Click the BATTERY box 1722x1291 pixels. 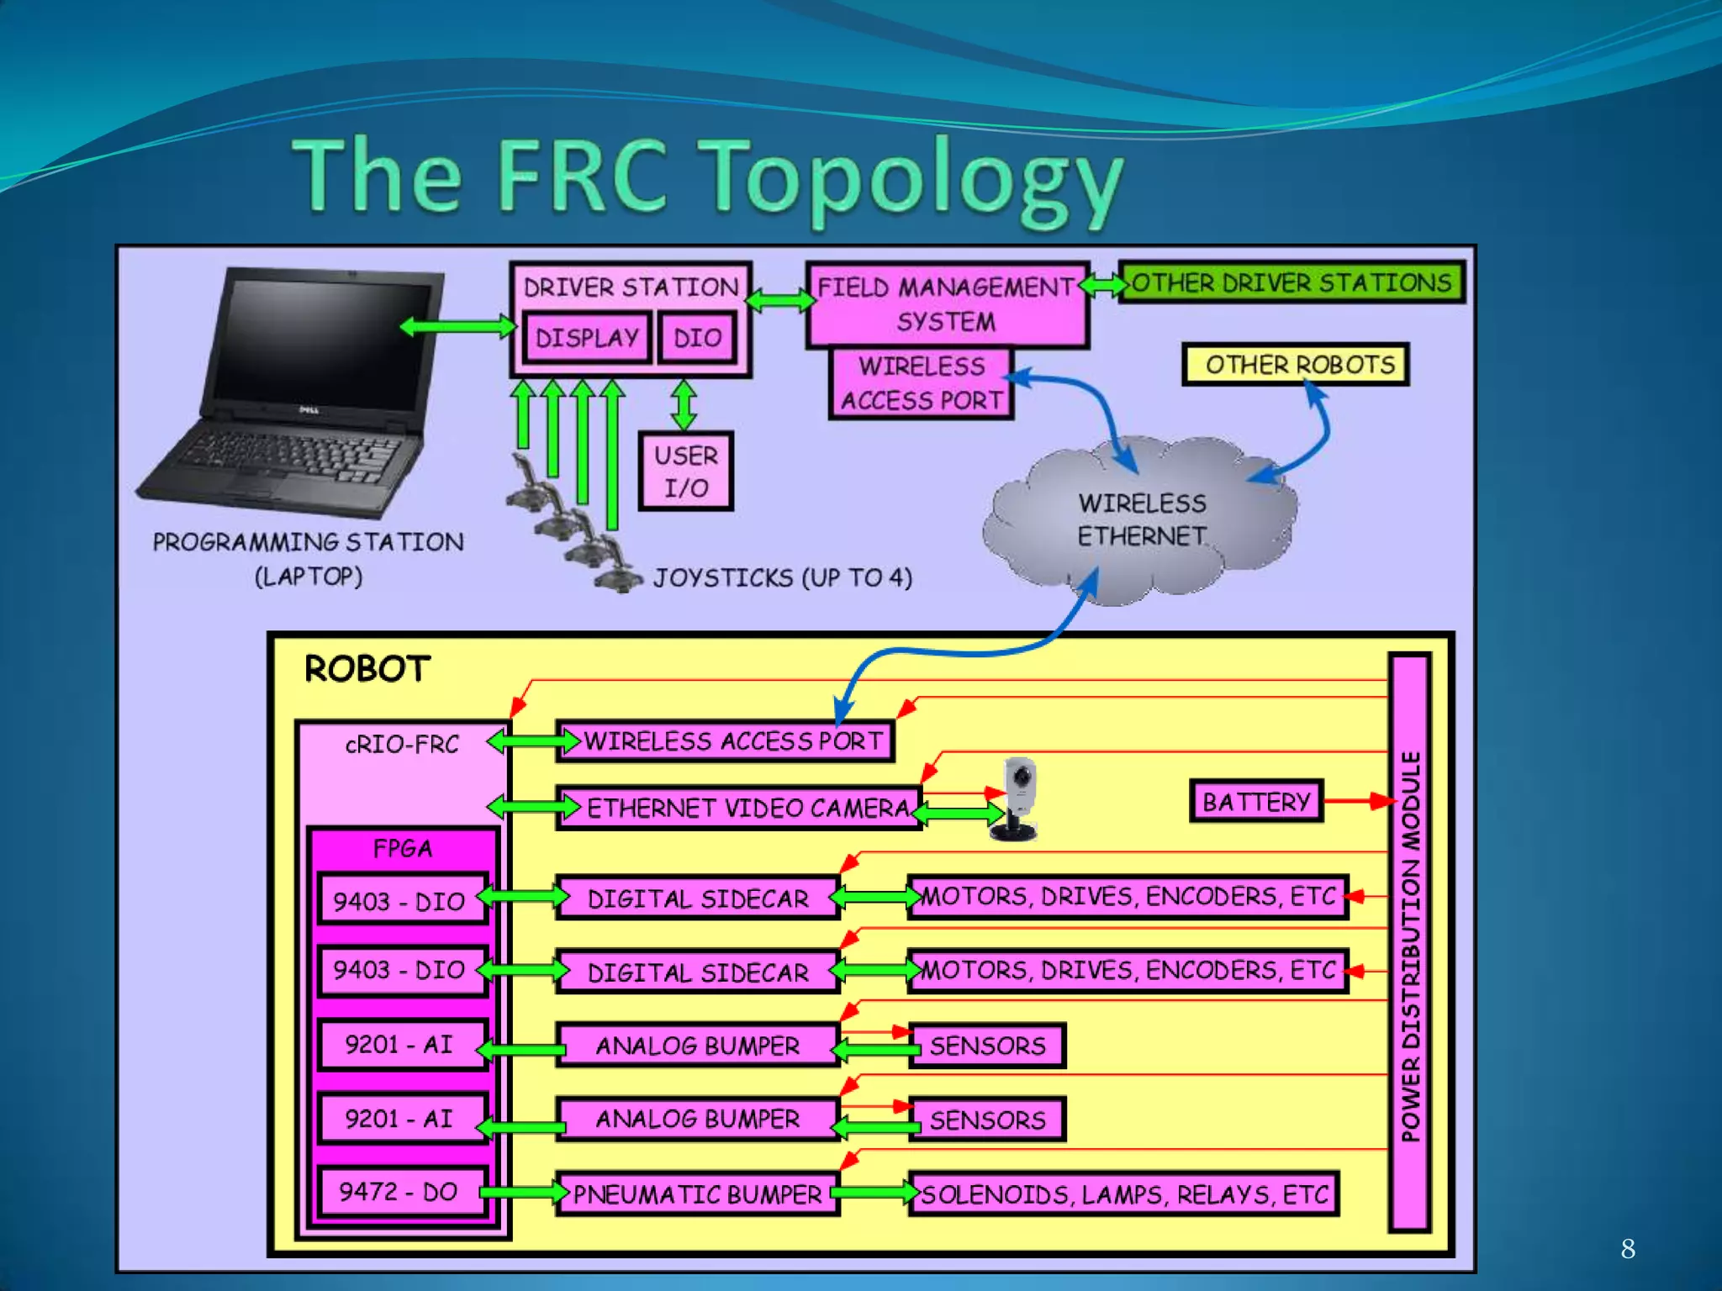coord(1256,801)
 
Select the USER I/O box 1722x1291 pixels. coord(685,472)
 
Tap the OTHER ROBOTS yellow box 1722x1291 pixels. coord(1296,364)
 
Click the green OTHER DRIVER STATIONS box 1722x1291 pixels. coord(1291,282)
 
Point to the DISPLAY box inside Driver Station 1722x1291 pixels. coord(587,338)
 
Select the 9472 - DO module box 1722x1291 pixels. coord(399,1192)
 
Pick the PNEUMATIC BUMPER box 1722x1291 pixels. coord(697,1194)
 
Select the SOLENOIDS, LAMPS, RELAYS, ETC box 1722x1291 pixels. coord(1123,1194)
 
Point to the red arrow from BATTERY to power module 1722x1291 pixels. coord(1357,801)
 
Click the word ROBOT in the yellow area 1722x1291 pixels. coord(367,670)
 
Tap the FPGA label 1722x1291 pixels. coord(402,849)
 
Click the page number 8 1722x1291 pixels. coord(1628,1249)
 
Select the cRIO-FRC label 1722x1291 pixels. coord(402,745)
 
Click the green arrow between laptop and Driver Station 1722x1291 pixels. coord(458,326)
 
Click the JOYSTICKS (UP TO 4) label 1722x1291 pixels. coord(782,578)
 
